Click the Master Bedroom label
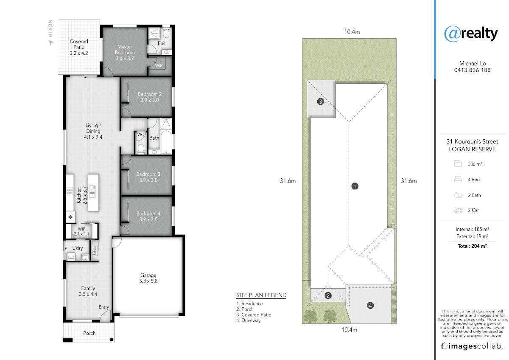click(125, 52)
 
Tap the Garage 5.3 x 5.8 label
click(148, 278)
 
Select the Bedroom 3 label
click(148, 177)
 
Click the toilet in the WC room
click(141, 149)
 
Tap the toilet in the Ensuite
click(166, 34)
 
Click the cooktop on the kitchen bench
click(70, 191)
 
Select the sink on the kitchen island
click(92, 191)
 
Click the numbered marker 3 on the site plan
click(320, 101)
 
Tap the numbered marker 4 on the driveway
click(370, 305)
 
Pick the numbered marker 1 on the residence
click(355, 186)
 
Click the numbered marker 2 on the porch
click(328, 295)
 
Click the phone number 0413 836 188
click(472, 70)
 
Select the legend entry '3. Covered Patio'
click(254, 315)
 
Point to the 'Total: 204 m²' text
click(472, 246)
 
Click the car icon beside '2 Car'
click(458, 211)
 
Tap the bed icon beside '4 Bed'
click(458, 179)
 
